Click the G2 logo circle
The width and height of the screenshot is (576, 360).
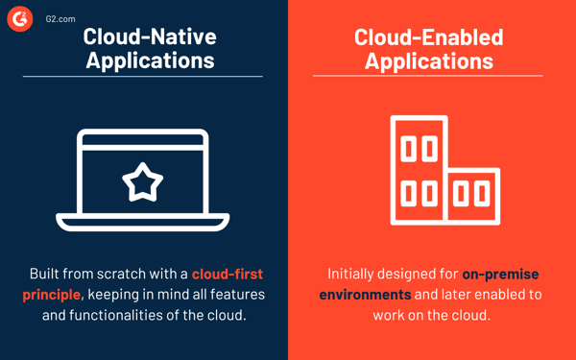pos(20,18)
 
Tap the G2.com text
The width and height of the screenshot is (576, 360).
pos(60,18)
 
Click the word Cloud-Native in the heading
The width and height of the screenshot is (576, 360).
pos(150,37)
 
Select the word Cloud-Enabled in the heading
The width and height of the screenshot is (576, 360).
pos(428,37)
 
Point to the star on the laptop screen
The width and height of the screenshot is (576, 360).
pos(142,180)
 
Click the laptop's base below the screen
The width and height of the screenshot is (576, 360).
pos(142,222)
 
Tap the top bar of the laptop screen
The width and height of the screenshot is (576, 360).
pos(142,139)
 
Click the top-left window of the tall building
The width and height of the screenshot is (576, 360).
pos(408,149)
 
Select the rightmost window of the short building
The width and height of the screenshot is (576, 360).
pos(481,193)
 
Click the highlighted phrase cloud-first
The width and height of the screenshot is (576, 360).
pos(228,275)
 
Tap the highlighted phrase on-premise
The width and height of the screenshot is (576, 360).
pos(501,275)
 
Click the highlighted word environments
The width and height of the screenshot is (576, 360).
pos(366,294)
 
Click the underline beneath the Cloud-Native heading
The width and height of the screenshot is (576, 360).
pos(142,76)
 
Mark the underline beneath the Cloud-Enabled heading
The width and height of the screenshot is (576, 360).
pos(428,76)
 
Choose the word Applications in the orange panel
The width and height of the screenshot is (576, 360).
pos(428,61)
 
